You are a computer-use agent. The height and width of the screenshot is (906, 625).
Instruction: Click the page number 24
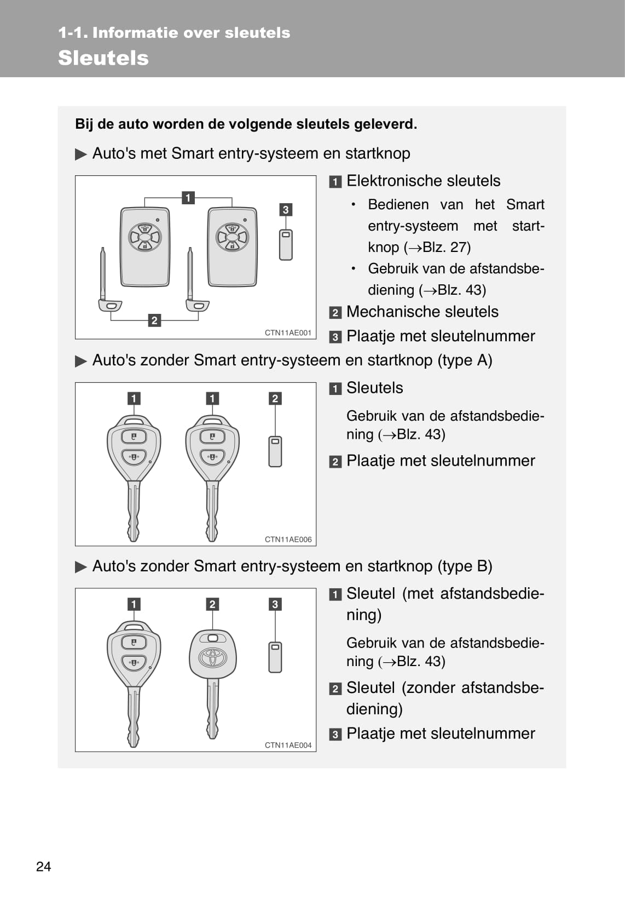pyautogui.click(x=43, y=866)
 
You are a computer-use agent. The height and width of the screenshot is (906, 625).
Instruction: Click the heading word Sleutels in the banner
pyautogui.click(x=103, y=58)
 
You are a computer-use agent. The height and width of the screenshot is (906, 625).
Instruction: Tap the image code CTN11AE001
pyautogui.click(x=288, y=332)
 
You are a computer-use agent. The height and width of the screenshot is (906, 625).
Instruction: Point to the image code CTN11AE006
pyautogui.click(x=288, y=540)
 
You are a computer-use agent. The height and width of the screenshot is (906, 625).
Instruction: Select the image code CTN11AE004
pyautogui.click(x=288, y=745)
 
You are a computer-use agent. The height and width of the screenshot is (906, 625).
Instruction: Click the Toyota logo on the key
pyautogui.click(x=212, y=657)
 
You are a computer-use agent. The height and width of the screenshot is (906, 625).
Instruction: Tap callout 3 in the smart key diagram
pyautogui.click(x=285, y=210)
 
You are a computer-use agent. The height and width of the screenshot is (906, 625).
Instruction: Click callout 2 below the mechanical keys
pyautogui.click(x=154, y=320)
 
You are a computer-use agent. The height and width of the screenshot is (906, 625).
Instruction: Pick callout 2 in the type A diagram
pyautogui.click(x=275, y=398)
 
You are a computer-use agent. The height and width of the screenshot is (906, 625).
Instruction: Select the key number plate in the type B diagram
pyautogui.click(x=275, y=657)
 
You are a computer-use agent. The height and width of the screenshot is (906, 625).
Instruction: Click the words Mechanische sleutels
pyautogui.click(x=422, y=312)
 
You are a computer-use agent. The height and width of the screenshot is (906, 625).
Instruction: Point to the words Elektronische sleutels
pyautogui.click(x=423, y=181)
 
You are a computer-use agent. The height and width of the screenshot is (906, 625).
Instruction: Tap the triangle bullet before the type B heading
pyautogui.click(x=81, y=566)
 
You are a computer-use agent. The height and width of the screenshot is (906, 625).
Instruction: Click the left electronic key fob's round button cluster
pyautogui.click(x=144, y=237)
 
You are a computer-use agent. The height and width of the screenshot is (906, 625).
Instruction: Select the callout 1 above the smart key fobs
pyautogui.click(x=188, y=198)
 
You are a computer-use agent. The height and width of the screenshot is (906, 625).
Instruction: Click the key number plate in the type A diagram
pyautogui.click(x=275, y=451)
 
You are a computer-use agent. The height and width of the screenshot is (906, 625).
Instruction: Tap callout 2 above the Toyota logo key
pyautogui.click(x=212, y=604)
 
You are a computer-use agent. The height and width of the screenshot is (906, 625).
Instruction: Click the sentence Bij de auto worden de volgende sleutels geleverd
pyautogui.click(x=246, y=124)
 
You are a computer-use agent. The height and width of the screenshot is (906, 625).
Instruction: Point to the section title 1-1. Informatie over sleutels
pyautogui.click(x=174, y=33)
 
